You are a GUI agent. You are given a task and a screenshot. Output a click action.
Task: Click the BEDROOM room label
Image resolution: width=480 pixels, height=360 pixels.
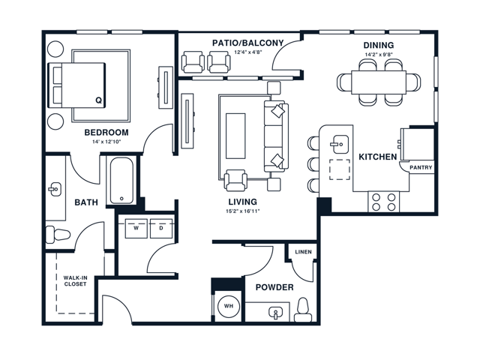(x=106, y=132)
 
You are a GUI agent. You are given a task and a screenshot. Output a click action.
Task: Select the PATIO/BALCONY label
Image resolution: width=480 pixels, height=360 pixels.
(x=247, y=43)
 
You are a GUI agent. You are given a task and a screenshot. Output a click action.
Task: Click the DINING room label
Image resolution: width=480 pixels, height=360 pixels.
(x=378, y=45)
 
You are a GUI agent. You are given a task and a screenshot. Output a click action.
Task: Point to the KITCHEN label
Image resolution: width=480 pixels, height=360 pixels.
(x=377, y=157)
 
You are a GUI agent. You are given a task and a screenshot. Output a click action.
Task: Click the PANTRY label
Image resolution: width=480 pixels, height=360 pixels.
(x=421, y=168)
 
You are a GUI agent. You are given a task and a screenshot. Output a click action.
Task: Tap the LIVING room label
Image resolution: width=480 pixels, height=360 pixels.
(x=242, y=202)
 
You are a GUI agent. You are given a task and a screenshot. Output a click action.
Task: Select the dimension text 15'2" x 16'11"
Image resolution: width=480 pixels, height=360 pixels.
(x=242, y=211)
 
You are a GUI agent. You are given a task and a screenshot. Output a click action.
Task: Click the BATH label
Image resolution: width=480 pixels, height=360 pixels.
(x=86, y=202)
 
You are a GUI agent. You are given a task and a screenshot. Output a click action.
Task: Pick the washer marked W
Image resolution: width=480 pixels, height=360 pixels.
(x=136, y=227)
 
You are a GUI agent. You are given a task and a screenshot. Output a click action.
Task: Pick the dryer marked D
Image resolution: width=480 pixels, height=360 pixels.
(x=161, y=227)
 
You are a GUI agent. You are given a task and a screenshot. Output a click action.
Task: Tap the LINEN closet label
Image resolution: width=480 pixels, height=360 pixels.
(x=303, y=252)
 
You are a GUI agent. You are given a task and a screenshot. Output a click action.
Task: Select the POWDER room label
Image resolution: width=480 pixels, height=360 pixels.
(x=274, y=287)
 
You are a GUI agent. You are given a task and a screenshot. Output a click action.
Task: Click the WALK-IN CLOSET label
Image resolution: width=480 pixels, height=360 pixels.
(x=75, y=282)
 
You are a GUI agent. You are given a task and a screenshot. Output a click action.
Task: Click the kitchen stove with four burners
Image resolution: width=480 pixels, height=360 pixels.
(x=383, y=200)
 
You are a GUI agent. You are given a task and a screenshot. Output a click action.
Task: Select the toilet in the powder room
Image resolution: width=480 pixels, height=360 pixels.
(x=303, y=308)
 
